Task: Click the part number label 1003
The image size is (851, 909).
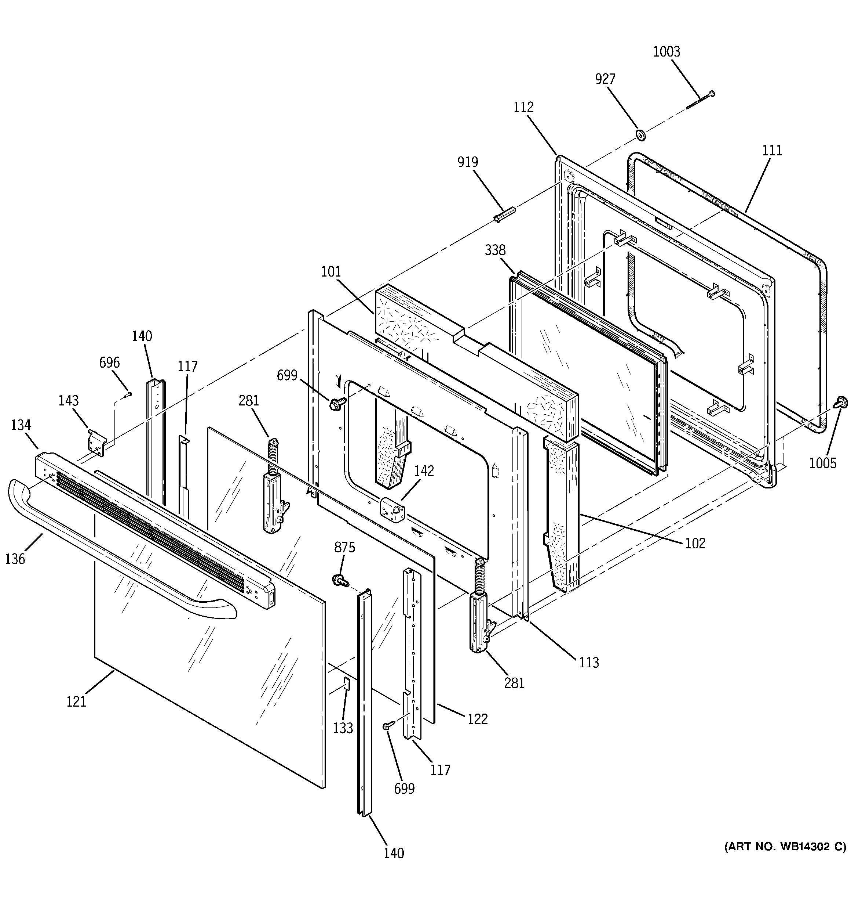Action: tap(666, 52)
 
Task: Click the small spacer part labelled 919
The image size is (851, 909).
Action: tap(504, 214)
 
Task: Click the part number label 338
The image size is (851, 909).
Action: tap(495, 250)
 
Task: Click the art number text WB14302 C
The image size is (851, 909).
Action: tap(785, 846)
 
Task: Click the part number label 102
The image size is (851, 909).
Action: tap(695, 543)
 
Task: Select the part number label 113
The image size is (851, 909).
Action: tap(588, 662)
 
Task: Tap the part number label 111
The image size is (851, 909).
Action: tap(772, 151)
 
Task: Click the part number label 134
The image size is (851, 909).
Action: tap(21, 425)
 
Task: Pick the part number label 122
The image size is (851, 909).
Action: tap(477, 719)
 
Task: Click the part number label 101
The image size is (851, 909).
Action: tap(331, 272)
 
